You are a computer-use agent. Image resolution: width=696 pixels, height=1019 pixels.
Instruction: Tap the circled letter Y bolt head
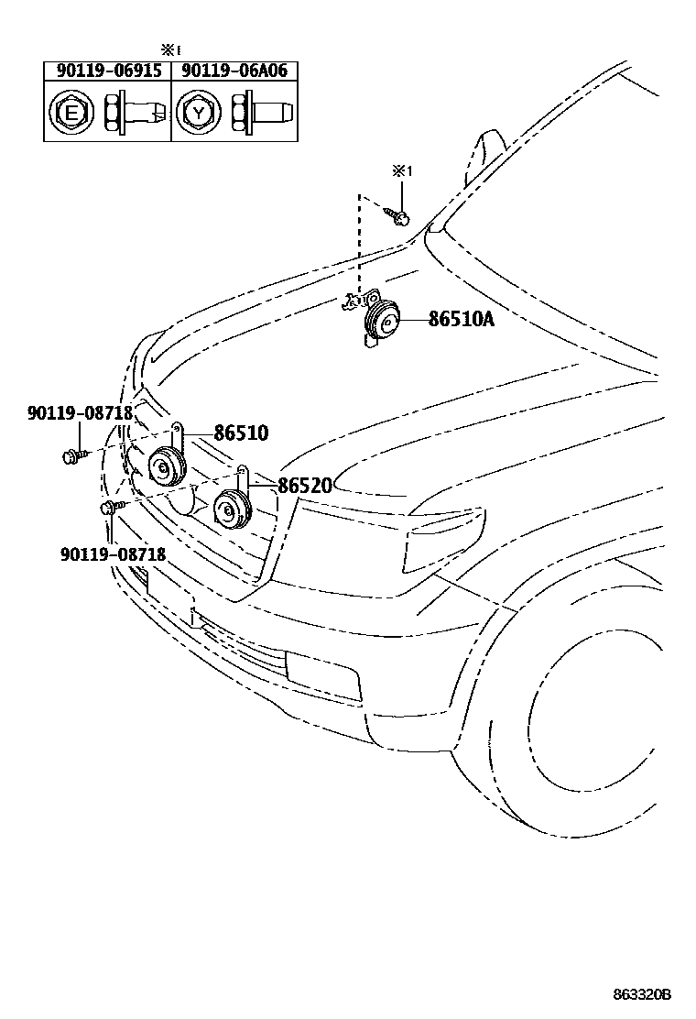196,113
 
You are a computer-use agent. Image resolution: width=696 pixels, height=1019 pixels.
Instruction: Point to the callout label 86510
241,433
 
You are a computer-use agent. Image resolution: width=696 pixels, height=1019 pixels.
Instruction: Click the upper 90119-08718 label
80,413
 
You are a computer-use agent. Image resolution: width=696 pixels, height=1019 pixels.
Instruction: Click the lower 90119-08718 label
114,553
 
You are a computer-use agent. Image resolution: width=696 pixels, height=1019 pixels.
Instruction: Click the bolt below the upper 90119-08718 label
73,454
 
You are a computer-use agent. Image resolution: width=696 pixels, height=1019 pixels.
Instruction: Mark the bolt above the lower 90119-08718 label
110,506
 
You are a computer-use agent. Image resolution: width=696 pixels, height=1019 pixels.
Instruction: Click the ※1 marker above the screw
403,171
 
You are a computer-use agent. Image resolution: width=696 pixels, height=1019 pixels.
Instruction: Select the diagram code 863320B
642,993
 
